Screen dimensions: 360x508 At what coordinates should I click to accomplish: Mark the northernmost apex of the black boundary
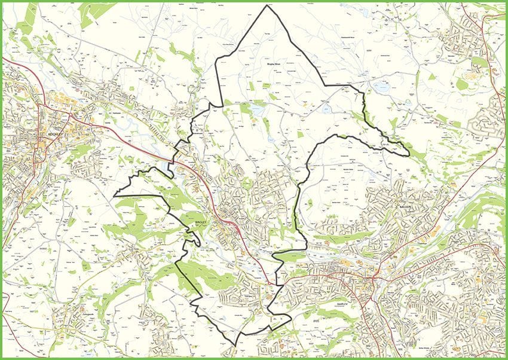(268, 5)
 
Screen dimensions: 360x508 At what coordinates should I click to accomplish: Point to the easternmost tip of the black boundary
(409, 155)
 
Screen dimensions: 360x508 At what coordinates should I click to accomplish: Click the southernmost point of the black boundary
(235, 347)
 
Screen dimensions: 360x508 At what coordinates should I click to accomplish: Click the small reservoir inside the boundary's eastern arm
(326, 109)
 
